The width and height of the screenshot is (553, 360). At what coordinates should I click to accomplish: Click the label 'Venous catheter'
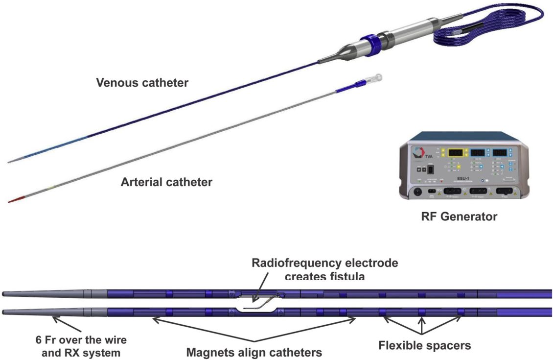click(x=142, y=83)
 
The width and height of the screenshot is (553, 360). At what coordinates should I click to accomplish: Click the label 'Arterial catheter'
click(x=166, y=183)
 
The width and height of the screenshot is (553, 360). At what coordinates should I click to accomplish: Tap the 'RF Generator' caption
click(x=459, y=216)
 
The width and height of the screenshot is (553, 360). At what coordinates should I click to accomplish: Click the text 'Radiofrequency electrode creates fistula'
click(x=325, y=269)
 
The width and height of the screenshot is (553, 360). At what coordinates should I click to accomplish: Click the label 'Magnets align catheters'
click(x=254, y=351)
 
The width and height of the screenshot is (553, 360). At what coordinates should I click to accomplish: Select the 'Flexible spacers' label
click(x=424, y=345)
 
